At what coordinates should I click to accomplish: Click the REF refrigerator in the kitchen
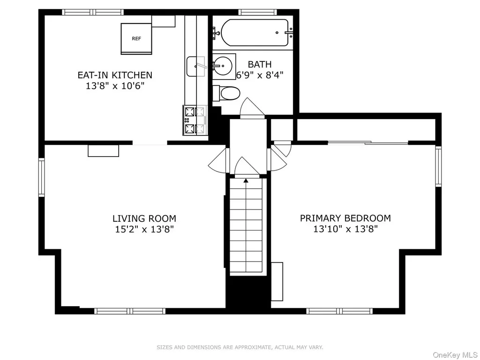coord(136,38)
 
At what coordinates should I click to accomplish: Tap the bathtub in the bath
coord(255,33)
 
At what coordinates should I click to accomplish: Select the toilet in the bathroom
coord(226,93)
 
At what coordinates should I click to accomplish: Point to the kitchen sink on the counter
coord(196,66)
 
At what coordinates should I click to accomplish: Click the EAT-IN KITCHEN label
coord(115,75)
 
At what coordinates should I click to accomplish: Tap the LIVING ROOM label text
coord(144,218)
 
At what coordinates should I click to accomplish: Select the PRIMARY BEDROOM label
coord(345,218)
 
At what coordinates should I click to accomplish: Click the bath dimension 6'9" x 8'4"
coord(260,75)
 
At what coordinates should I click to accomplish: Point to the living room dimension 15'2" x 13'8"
coord(144,229)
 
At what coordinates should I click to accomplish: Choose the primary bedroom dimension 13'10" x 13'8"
coord(345,229)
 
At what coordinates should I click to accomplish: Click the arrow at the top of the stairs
coord(246,181)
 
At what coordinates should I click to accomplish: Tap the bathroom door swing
coord(252,108)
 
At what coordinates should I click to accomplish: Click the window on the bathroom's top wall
coord(257,12)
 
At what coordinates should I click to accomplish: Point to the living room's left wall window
coord(41,177)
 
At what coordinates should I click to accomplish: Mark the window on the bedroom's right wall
coord(438,166)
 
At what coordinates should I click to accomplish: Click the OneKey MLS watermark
coord(456,355)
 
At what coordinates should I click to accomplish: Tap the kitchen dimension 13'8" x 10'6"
coord(115,86)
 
